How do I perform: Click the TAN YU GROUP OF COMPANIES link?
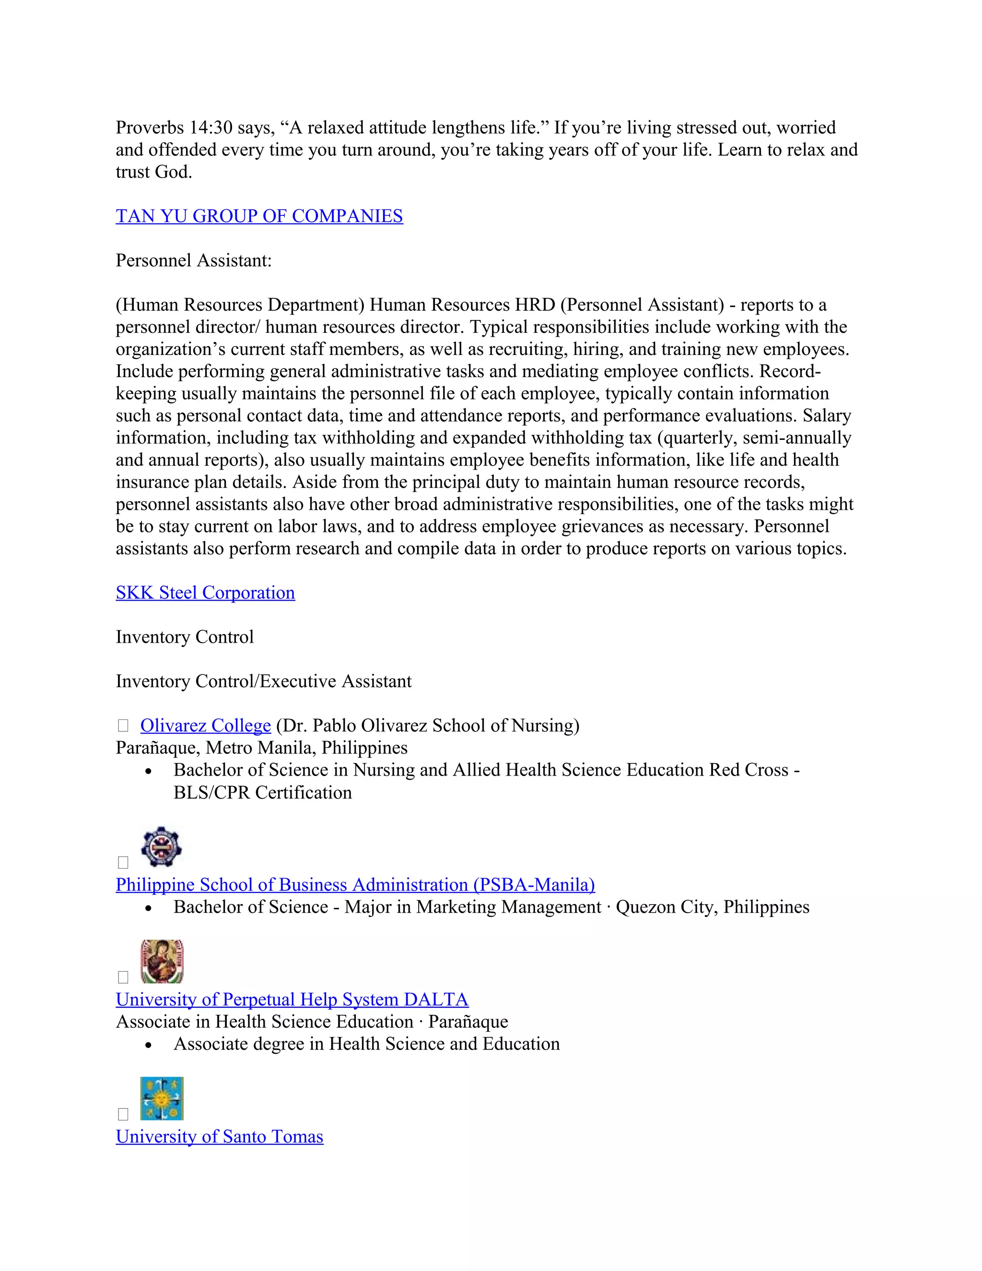pos(259,216)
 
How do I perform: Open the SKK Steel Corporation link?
pos(205,592)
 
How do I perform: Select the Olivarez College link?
pos(205,726)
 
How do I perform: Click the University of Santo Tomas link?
pos(219,1137)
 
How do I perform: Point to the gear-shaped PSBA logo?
pos(161,847)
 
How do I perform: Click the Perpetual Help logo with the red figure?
pos(162,961)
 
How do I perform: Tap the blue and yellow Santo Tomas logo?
pos(162,1098)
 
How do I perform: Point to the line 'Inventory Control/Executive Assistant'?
pos(264,681)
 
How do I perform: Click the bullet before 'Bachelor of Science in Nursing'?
pos(149,772)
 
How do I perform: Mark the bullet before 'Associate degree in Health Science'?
pos(149,1046)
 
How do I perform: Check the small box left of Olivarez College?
pos(123,726)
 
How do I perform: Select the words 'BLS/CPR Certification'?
pos(262,793)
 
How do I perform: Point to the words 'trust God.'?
pos(153,172)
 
